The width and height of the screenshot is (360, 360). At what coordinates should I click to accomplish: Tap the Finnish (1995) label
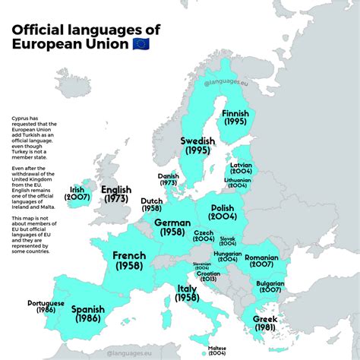235,118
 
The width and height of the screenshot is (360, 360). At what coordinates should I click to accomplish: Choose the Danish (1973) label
169,179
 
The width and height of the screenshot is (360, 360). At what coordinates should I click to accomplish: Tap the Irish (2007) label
77,194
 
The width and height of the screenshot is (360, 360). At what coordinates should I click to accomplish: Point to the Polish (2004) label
223,213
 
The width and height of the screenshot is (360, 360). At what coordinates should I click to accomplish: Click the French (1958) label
129,261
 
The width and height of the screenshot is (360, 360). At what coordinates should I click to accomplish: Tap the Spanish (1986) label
87,314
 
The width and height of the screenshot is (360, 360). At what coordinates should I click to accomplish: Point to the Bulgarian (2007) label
270,286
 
